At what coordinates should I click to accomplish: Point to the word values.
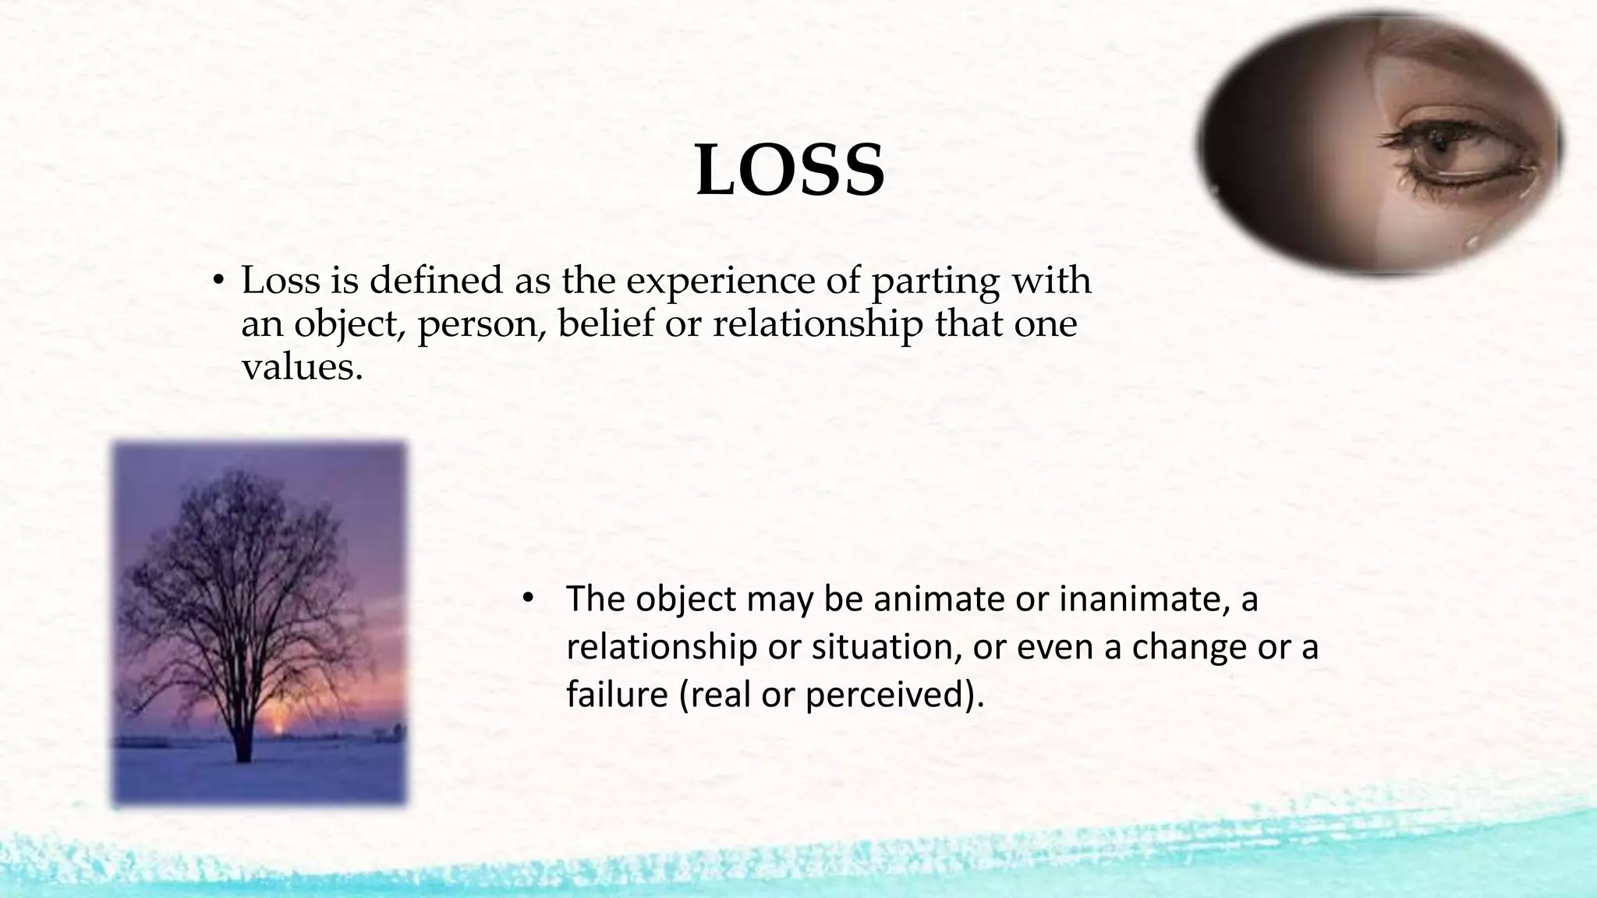coord(302,366)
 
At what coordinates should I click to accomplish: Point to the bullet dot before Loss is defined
coord(219,281)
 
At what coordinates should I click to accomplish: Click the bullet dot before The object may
coord(527,598)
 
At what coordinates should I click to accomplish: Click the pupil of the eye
coord(1439,143)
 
